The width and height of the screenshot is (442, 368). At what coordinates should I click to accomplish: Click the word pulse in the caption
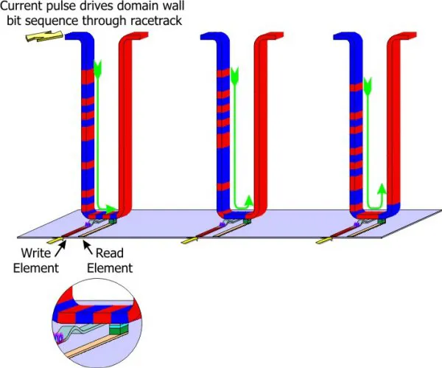61,7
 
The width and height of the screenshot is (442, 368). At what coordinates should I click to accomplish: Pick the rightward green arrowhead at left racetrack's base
110,209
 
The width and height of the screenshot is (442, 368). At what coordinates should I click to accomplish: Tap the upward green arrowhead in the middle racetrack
248,199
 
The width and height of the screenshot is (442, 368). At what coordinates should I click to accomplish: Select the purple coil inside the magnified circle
61,339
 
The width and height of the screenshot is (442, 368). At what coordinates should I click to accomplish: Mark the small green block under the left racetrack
112,218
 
